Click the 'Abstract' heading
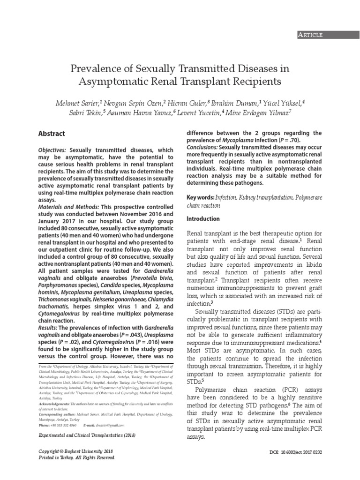[x=52, y=134]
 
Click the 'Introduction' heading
[x=203, y=219]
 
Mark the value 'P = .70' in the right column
[x=286, y=140]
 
